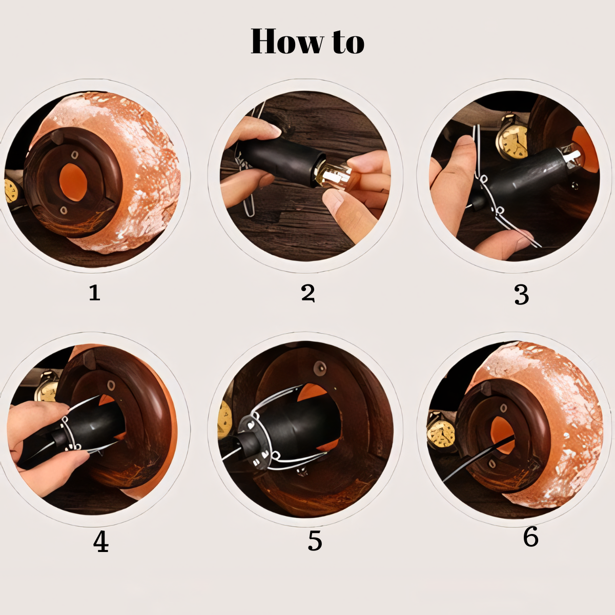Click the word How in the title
[x=287, y=41]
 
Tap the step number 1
[x=94, y=292]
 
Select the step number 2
[x=308, y=293]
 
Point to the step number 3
[x=522, y=294]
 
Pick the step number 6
[x=530, y=545]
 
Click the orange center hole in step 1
[x=73, y=182]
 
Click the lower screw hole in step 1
[x=64, y=210]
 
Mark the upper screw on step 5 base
[x=320, y=367]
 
